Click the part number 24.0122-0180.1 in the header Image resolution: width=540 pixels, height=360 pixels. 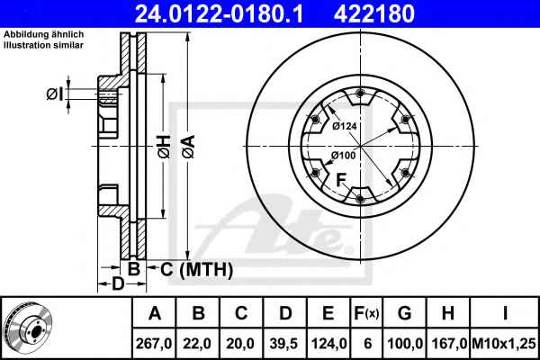coord(219,13)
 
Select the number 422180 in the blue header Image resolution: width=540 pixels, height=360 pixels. coord(374,13)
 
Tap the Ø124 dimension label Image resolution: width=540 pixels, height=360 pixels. coord(345,126)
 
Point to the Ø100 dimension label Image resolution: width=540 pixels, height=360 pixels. coord(344,156)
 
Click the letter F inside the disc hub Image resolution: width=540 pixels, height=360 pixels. coord(341,180)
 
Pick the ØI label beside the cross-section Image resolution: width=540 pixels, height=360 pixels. coord(55,94)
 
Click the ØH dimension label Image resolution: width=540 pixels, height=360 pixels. coord(165,147)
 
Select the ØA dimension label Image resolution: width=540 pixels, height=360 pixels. coord(189,147)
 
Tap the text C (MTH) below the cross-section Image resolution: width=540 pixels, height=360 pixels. coord(196,269)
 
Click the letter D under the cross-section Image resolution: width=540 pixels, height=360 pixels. coord(118,283)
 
